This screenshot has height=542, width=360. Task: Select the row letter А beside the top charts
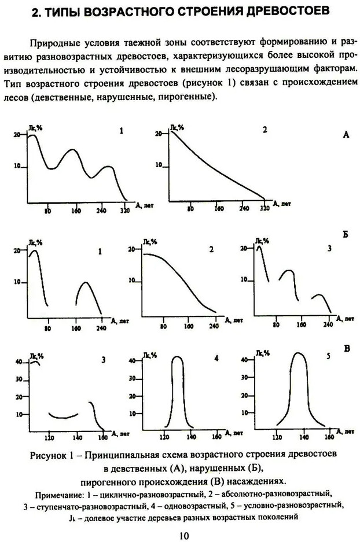(346, 134)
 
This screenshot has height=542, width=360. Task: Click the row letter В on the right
(346, 349)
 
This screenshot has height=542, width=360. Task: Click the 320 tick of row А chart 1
(124, 211)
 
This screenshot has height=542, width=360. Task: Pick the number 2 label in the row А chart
(265, 130)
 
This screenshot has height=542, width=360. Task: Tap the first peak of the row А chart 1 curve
(32, 135)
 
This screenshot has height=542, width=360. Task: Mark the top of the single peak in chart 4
(178, 357)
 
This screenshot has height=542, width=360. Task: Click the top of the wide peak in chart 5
(298, 353)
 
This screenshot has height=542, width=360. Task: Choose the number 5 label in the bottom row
(328, 357)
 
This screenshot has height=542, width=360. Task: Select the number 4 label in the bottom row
(216, 358)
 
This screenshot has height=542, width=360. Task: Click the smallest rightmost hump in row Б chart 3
(318, 296)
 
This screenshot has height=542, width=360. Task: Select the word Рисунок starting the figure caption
(47, 454)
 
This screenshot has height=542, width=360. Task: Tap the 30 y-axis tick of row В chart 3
(18, 379)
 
